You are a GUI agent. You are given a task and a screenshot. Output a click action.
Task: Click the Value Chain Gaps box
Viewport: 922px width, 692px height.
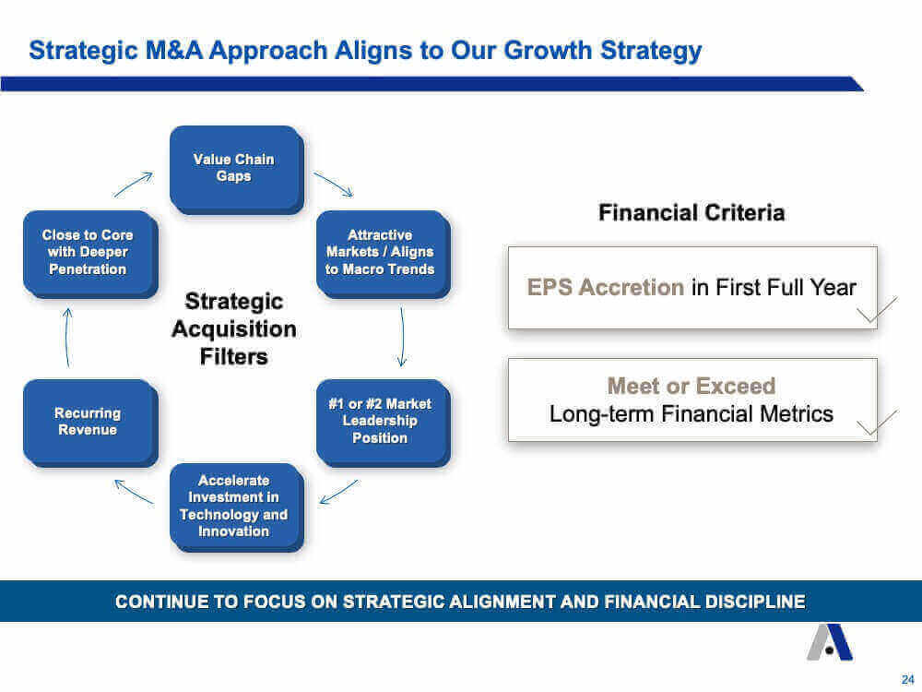coord(237,170)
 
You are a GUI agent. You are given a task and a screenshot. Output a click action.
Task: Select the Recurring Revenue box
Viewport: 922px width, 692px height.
coord(90,424)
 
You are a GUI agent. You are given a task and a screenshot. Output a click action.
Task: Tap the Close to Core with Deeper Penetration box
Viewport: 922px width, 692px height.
coord(90,255)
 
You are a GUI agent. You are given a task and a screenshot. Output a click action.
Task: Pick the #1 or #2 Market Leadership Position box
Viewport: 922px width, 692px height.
coord(384,424)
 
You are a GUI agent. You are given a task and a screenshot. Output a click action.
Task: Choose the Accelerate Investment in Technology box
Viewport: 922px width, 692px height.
coord(237,507)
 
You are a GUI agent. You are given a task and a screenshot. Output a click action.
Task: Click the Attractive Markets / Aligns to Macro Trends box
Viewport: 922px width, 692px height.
coord(384,255)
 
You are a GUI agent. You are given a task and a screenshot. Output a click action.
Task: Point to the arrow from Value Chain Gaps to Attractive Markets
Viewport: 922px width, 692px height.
coord(334,184)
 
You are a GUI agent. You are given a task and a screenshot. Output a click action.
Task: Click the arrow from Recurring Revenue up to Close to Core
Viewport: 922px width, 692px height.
coord(67,337)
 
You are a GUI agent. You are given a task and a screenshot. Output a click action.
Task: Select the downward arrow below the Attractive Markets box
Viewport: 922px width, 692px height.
coord(402,337)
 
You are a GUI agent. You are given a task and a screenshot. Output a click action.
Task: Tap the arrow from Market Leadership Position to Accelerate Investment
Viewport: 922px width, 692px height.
coord(338,492)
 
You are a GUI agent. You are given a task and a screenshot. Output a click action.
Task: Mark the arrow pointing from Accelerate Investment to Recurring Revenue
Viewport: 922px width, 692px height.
coord(134,492)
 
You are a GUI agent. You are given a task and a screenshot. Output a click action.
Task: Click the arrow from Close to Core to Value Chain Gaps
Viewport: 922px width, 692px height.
coord(134,185)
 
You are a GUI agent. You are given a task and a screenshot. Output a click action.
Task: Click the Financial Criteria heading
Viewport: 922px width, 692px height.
coord(691,212)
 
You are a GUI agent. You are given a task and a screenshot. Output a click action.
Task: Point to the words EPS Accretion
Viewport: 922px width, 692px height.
coord(606,287)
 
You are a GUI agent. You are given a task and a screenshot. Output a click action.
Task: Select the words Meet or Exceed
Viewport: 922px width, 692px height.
coord(691,386)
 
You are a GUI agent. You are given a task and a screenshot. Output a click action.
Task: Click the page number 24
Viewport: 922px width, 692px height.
coord(907,679)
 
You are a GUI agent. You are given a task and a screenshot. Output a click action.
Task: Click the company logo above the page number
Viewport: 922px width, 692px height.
coord(830,642)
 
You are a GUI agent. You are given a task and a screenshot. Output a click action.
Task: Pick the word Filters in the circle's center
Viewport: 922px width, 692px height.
coord(234,356)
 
